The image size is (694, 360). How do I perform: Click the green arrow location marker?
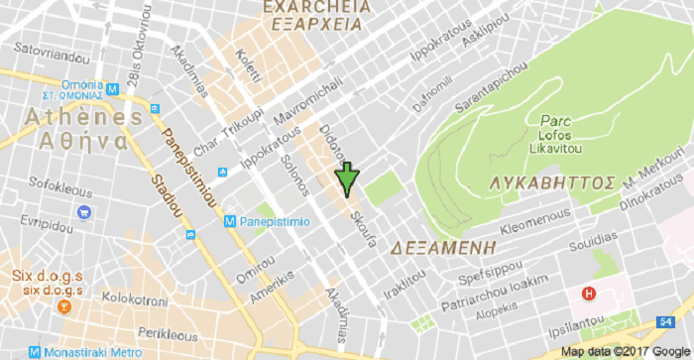(x=346, y=179)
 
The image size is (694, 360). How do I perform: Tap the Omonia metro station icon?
(x=114, y=87)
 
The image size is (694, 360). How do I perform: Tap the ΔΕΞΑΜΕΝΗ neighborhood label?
(x=436, y=245)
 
